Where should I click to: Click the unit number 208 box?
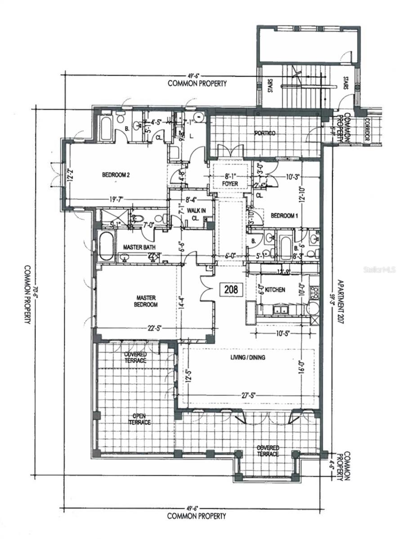click(x=232, y=289)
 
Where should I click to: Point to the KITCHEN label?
click(x=274, y=290)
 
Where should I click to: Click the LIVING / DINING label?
click(x=248, y=358)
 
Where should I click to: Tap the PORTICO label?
click(x=264, y=133)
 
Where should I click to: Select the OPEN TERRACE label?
click(x=138, y=419)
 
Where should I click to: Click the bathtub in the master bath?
click(x=107, y=246)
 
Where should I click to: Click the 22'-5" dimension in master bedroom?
click(x=155, y=327)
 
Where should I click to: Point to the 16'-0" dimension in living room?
click(x=308, y=364)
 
